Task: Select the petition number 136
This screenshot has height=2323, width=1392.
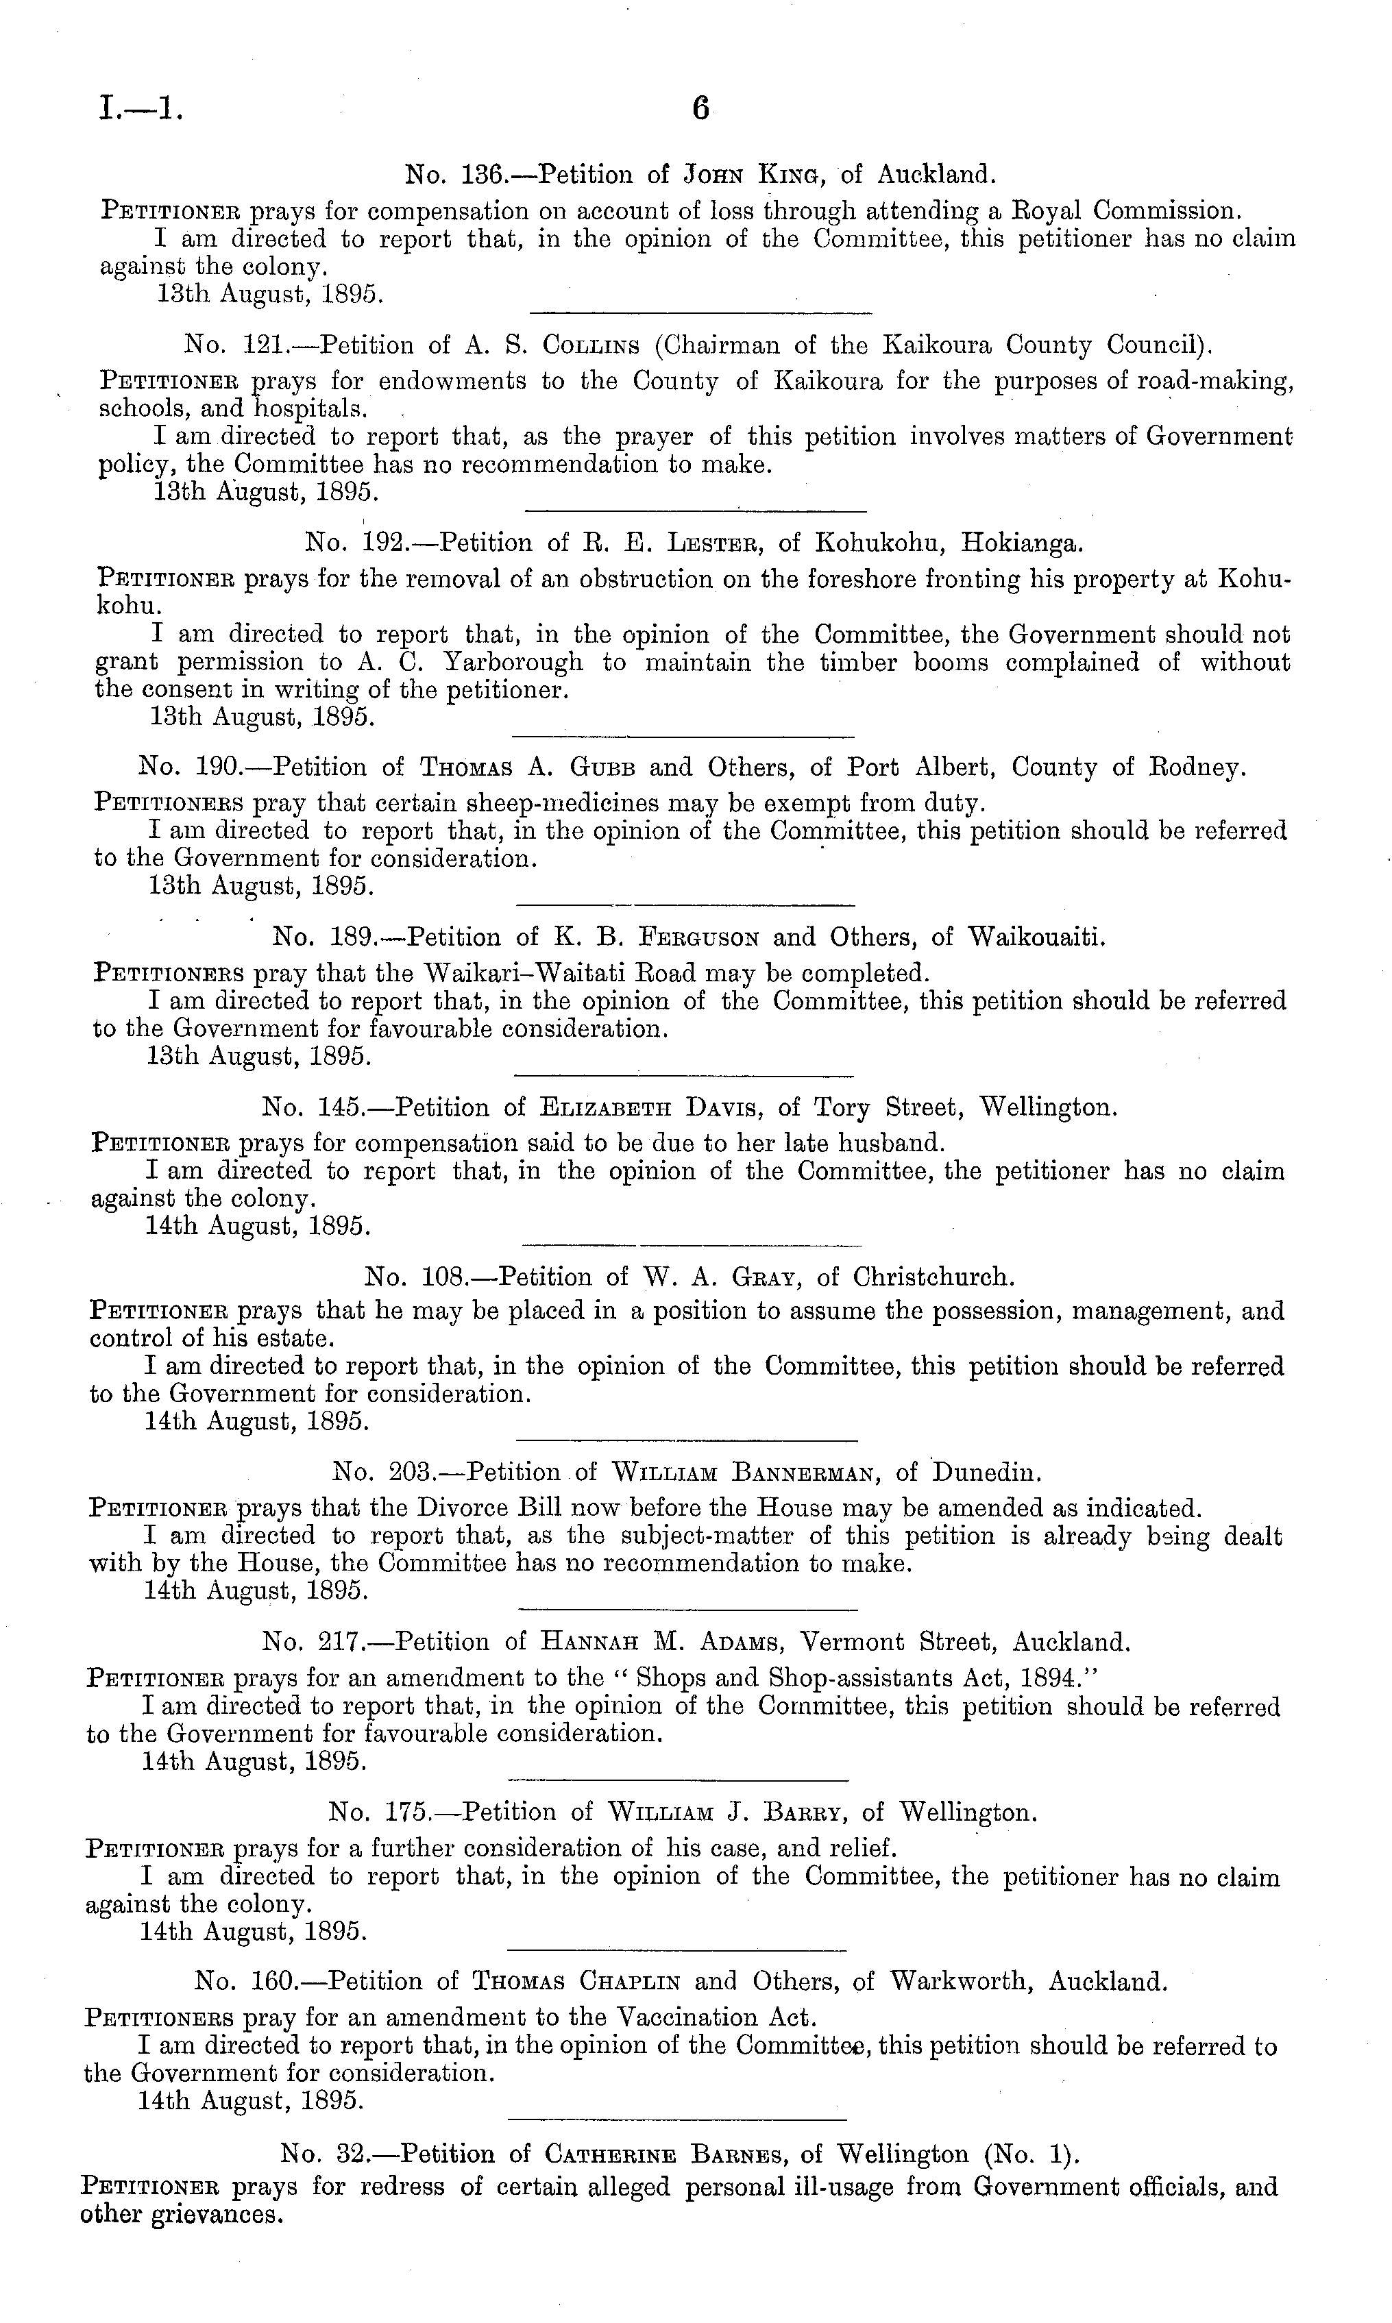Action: (x=485, y=175)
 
